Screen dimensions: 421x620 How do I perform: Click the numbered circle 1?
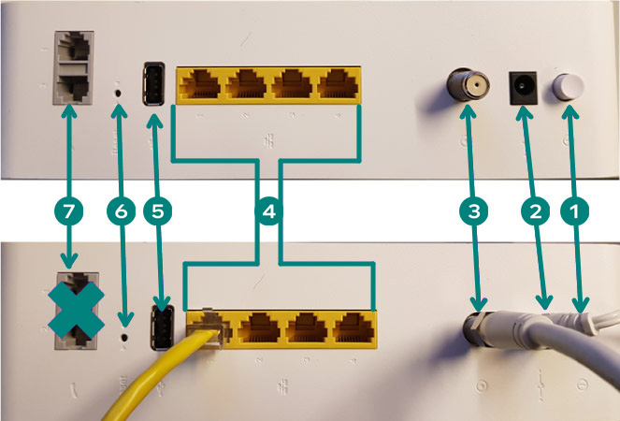tap(573, 211)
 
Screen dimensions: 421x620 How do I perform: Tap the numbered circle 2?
tap(535, 211)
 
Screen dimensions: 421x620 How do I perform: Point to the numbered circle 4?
tap(269, 211)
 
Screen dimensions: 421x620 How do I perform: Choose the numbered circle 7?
tap(68, 211)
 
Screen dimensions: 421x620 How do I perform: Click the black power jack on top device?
tap(521, 89)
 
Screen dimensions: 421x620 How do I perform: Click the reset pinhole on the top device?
tap(117, 93)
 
